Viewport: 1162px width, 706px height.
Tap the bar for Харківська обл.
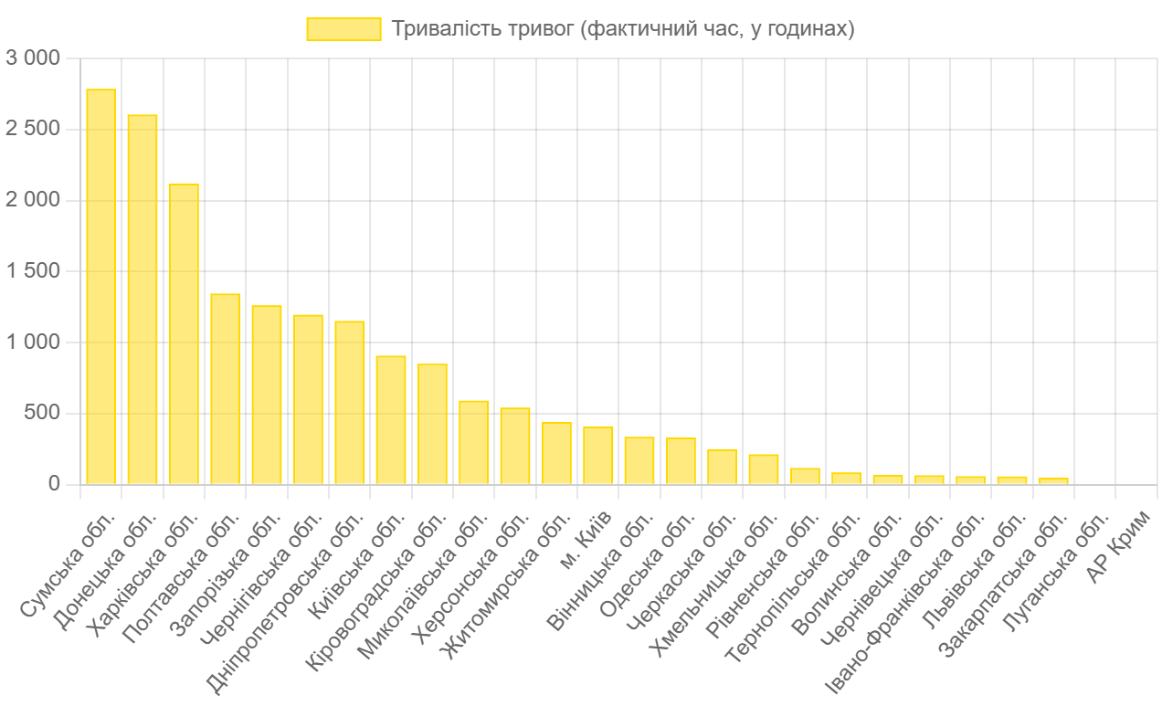coord(184,333)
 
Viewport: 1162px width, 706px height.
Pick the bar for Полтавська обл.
coord(225,388)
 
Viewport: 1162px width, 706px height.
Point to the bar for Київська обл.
coord(391,419)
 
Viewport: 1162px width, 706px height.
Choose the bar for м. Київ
coord(597,455)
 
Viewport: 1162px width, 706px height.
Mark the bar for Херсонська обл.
coord(515,446)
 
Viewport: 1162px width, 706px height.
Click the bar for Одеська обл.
coord(681,460)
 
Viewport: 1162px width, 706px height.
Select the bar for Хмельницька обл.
coord(763,469)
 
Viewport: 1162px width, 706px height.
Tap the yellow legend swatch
coord(343,29)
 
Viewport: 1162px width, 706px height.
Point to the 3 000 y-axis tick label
coord(33,58)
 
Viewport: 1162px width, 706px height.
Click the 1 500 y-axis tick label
coord(33,271)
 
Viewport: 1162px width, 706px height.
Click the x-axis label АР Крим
coord(1113,556)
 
